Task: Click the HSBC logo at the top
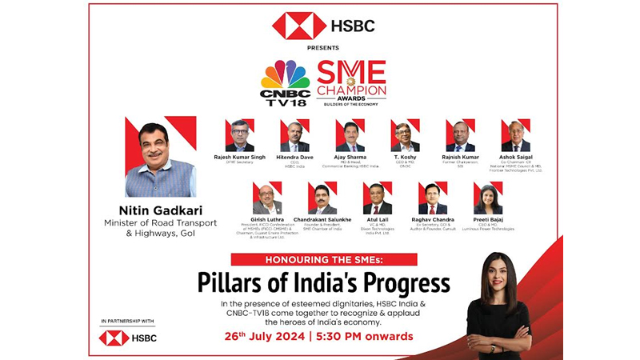(323, 26)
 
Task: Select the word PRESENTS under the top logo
(322, 48)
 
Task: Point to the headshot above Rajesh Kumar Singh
(239, 135)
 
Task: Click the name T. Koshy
(405, 158)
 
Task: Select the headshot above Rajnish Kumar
(460, 135)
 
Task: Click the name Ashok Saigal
(515, 158)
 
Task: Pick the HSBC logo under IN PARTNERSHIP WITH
(128, 338)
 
